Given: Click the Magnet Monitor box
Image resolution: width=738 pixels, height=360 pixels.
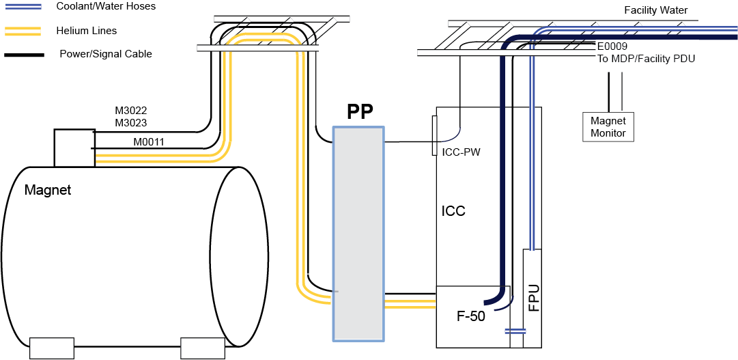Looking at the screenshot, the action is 608,126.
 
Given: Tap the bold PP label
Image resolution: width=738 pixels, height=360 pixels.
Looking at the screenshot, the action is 360,111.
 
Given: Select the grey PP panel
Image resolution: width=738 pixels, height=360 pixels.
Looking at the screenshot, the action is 358,233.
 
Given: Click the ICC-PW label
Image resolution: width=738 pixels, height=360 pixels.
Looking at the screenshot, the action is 462,152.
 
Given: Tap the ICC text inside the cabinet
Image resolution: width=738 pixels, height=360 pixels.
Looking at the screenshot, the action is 453,210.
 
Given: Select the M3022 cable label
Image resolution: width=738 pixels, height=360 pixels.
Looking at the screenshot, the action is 131,111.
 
